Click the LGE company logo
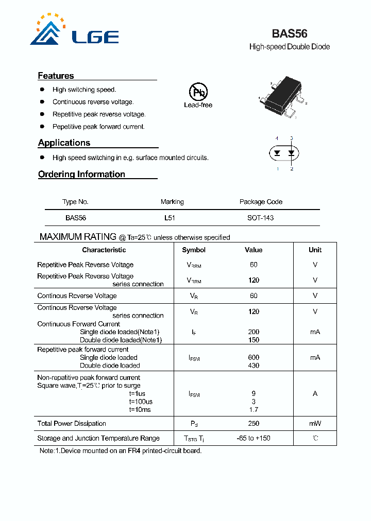pyautogui.click(x=74, y=30)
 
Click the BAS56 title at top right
pyautogui.click(x=289, y=33)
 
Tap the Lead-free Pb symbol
pyautogui.click(x=198, y=93)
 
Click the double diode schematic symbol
pyautogui.click(x=284, y=153)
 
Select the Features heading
pyautogui.click(x=56, y=76)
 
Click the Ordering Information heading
pyautogui.click(x=81, y=174)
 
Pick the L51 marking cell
pyautogui.click(x=170, y=218)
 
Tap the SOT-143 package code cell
pyautogui.click(x=260, y=218)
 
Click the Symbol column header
pyautogui.click(x=194, y=250)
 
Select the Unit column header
pyautogui.click(x=315, y=250)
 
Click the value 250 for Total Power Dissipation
pyautogui.click(x=253, y=423)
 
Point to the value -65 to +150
pyautogui.click(x=253, y=438)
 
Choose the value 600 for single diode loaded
pyautogui.click(x=253, y=357)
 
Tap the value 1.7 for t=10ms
pyautogui.click(x=253, y=410)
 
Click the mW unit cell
pyautogui.click(x=315, y=423)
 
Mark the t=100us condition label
pyautogui.click(x=141, y=402)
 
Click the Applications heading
pyautogui.click(x=64, y=143)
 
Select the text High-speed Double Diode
pyautogui.click(x=289, y=47)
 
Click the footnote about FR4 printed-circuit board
pyautogui.click(x=121, y=450)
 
